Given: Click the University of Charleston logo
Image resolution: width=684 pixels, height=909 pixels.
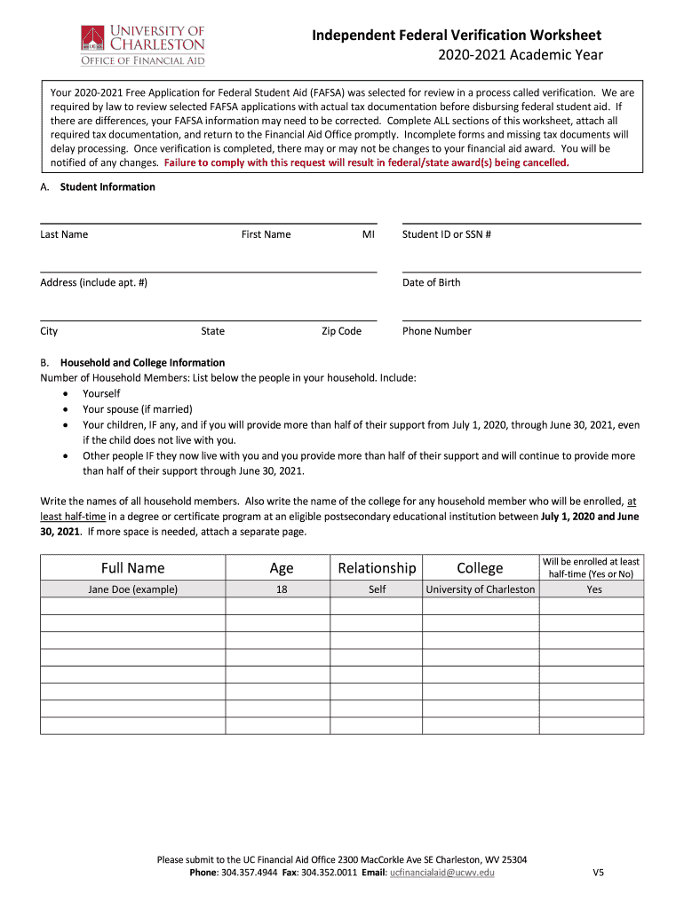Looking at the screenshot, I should click(x=142, y=44).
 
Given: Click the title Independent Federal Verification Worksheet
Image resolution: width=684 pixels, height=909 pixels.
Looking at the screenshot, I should click(x=457, y=36).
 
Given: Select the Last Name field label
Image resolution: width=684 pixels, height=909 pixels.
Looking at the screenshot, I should click(x=64, y=234).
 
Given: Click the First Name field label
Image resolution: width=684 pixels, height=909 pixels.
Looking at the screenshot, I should click(x=266, y=234).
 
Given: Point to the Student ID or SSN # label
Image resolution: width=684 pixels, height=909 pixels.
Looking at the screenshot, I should click(x=447, y=234).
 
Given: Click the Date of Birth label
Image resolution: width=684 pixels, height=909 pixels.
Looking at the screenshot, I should click(x=431, y=282).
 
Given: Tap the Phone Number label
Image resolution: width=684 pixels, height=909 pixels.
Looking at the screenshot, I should click(x=436, y=331).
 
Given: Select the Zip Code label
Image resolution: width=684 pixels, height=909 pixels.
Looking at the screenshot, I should click(x=341, y=331).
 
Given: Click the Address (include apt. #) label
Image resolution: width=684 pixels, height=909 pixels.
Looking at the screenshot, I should click(x=93, y=282).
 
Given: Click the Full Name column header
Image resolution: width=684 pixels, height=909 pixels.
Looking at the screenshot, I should click(x=132, y=568).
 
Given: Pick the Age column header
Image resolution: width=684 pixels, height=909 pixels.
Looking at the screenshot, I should click(x=281, y=568).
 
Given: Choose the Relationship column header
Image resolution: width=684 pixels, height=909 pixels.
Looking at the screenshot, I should click(x=377, y=568).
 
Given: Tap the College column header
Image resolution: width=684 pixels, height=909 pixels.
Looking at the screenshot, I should click(x=480, y=568).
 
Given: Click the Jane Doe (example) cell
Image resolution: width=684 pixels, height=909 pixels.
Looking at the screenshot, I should click(x=132, y=589).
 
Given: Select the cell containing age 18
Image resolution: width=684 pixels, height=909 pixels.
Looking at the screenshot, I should click(x=281, y=589).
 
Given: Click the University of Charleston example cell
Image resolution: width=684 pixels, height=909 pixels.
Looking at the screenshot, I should click(x=481, y=589).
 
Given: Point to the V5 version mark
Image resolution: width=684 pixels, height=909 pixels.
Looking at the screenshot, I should click(x=599, y=873).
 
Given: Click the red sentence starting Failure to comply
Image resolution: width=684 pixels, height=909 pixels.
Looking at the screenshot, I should click(x=365, y=163).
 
